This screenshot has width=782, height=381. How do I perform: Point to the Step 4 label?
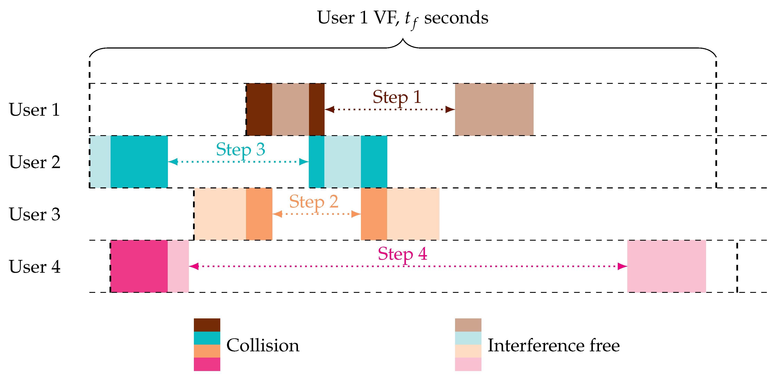[402, 254]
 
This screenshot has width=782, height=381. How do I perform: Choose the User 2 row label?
[34, 162]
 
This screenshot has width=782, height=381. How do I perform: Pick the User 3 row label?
[34, 214]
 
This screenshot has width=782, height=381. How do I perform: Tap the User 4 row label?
[34, 267]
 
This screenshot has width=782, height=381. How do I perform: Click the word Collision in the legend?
[263, 345]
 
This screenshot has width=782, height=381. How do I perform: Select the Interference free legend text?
[554, 345]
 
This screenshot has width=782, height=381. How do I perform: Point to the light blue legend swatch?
[468, 338]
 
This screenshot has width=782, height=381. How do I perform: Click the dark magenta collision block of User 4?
[139, 266]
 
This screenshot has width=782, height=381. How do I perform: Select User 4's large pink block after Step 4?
[666, 266]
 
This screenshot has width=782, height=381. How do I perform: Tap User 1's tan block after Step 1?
[494, 109]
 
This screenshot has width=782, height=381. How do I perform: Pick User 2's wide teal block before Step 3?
[139, 162]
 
